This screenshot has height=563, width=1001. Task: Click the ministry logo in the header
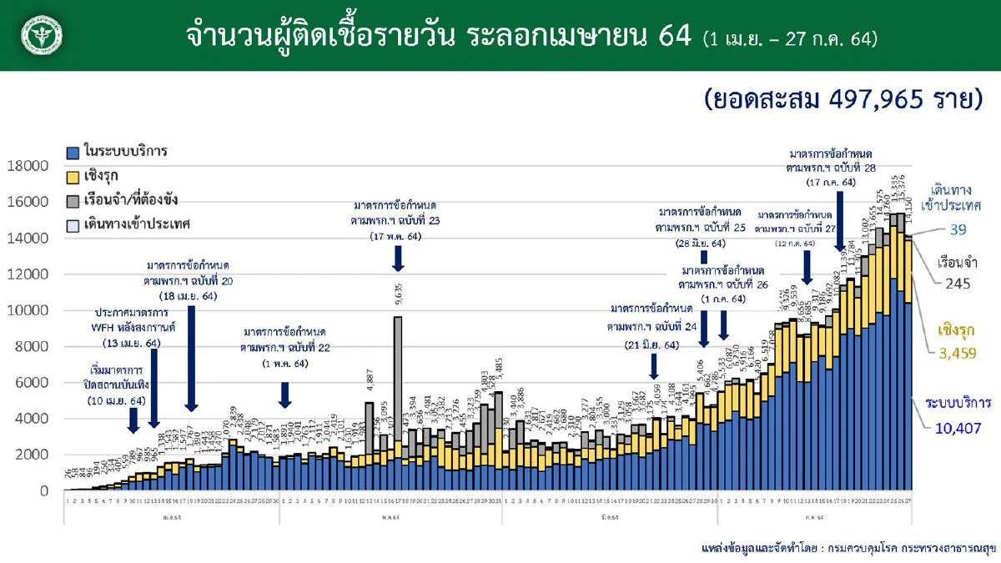tap(43, 36)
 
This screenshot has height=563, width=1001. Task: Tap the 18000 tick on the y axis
tap(28, 166)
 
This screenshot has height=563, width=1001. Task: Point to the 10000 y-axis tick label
tap(28, 310)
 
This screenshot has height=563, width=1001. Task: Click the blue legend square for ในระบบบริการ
tap(73, 153)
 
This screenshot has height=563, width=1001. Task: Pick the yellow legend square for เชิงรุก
tap(73, 177)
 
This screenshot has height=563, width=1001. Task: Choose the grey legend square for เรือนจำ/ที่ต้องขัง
tap(73, 201)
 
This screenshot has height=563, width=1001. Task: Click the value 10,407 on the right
tap(952, 430)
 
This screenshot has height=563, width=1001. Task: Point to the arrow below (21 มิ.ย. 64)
tap(654, 364)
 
